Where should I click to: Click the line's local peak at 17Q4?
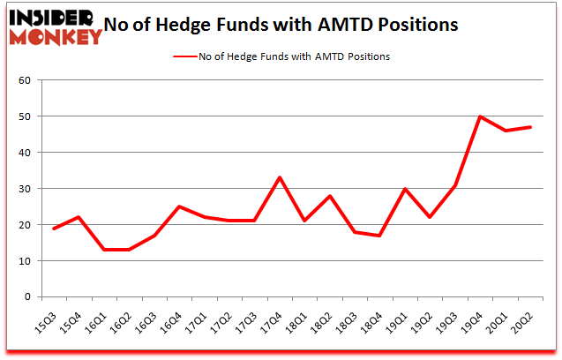279,177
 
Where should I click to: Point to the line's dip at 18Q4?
379,236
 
